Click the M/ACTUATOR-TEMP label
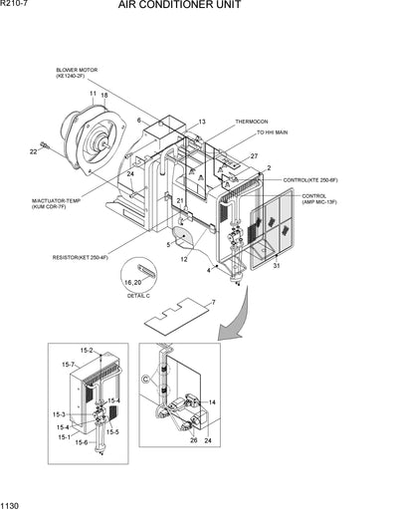point(54,201)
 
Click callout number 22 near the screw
point(33,151)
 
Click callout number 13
point(202,122)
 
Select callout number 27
point(254,156)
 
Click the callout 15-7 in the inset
point(68,365)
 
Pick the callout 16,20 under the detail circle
point(133,283)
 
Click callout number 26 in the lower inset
point(194,439)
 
